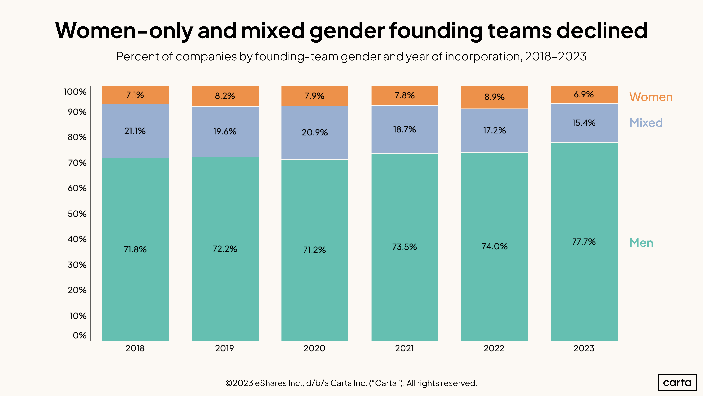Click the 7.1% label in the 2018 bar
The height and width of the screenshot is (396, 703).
[135, 95]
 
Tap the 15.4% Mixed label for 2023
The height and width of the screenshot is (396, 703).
[584, 123]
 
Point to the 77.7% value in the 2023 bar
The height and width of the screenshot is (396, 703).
[584, 241]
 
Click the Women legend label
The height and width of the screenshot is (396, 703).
[651, 97]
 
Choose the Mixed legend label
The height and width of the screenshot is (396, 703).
[646, 123]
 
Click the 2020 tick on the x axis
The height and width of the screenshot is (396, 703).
[314, 348]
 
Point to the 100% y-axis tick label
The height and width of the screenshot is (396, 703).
[75, 92]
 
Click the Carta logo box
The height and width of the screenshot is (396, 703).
[677, 383]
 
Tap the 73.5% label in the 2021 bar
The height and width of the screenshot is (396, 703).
[404, 247]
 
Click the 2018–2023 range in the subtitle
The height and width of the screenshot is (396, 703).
[556, 57]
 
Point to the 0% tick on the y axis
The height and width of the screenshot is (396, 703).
[79, 336]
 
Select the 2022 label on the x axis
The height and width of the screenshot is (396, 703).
[494, 348]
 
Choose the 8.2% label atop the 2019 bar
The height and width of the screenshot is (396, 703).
[225, 96]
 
